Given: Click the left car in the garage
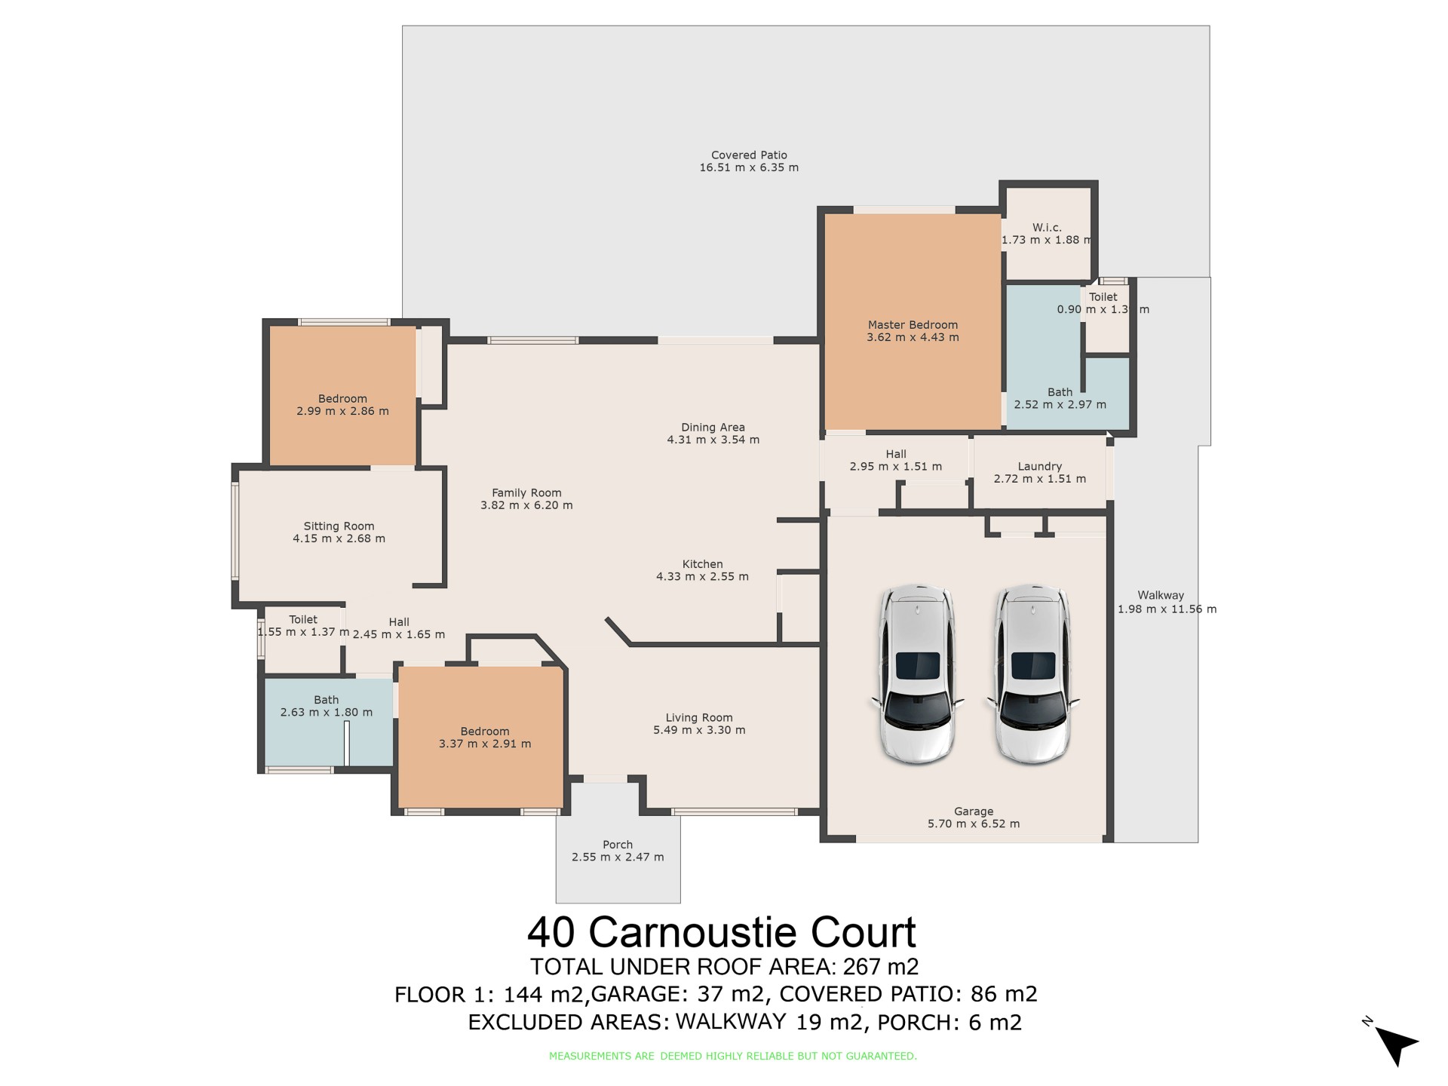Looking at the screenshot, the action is point(917,673).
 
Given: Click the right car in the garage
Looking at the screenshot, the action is point(1032,673).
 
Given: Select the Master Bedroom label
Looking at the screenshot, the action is point(913,325).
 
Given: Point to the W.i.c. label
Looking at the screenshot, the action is point(1047,228).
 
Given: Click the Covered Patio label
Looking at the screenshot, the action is point(749,155).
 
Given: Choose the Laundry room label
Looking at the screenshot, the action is point(1039,467).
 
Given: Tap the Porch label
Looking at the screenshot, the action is point(618,845).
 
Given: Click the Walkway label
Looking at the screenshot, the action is point(1161,596).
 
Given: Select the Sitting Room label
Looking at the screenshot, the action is point(339,526).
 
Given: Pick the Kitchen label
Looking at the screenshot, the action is point(703,564).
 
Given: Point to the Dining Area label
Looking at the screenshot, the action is point(713,428).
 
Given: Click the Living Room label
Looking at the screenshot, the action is point(699,718).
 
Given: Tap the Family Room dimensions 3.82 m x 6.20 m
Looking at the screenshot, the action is point(526,505).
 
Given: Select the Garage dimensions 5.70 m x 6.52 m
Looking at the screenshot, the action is point(974,824).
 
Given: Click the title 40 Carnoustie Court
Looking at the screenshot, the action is point(722,932).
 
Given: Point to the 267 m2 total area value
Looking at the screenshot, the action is point(881,967).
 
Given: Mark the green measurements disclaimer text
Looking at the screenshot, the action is point(733,1057).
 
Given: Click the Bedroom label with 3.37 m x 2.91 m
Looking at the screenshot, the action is point(485,732).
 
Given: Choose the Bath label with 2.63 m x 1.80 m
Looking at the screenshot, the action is point(327,700).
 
